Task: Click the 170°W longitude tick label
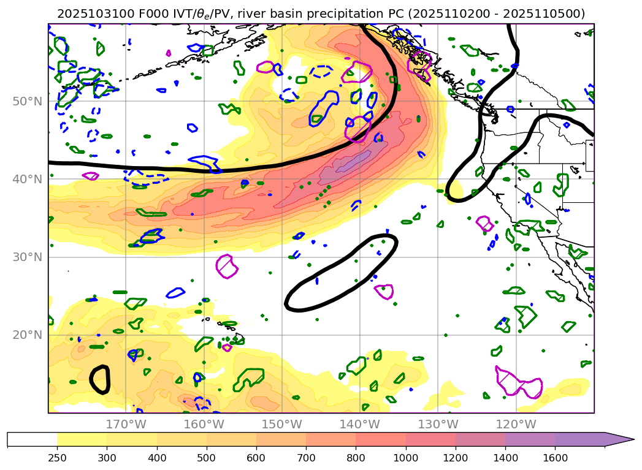click(126, 425)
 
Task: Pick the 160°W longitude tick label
click(204, 425)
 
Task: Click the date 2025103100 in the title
click(91, 13)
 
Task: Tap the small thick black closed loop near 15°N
click(99, 379)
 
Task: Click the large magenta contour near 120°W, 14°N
click(519, 384)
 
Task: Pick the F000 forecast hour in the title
click(142, 13)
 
